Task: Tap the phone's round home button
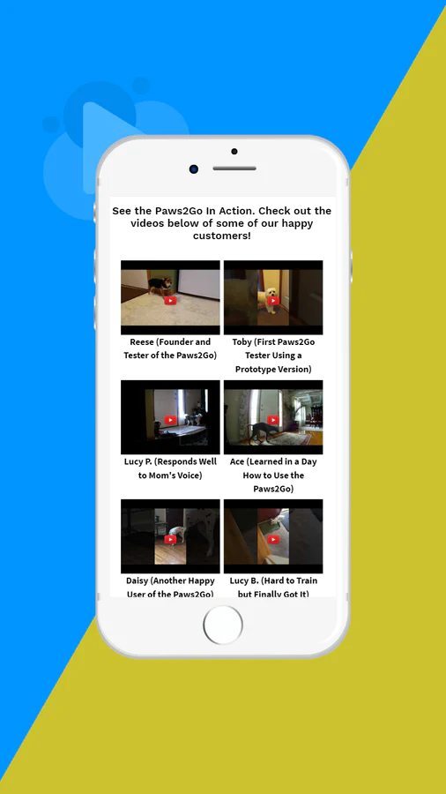pyautogui.click(x=223, y=625)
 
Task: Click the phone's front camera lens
pyautogui.click(x=194, y=169)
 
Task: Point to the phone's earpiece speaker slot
pyautogui.click(x=234, y=169)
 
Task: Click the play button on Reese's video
pyautogui.click(x=170, y=301)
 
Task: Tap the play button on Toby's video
pyautogui.click(x=273, y=301)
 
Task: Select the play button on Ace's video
pyautogui.click(x=273, y=420)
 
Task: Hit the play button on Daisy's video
pyautogui.click(x=170, y=540)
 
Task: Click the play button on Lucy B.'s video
pyautogui.click(x=273, y=540)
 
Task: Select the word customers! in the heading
pyautogui.click(x=222, y=236)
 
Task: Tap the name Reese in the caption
pyautogui.click(x=141, y=341)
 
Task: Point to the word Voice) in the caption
pyautogui.click(x=187, y=476)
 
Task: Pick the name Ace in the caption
pyautogui.click(x=237, y=461)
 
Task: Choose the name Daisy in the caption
pyautogui.click(x=137, y=581)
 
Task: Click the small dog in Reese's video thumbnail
pyautogui.click(x=160, y=285)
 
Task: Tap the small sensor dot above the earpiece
pyautogui.click(x=234, y=152)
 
